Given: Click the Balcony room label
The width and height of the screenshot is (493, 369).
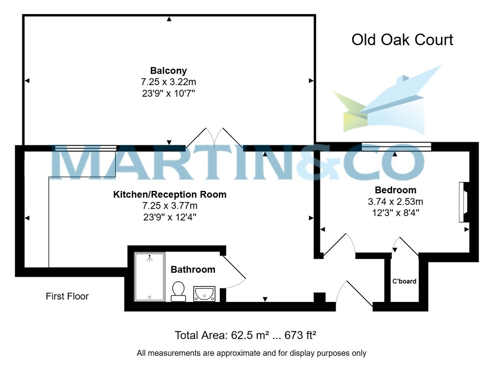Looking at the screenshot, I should pos(168,70).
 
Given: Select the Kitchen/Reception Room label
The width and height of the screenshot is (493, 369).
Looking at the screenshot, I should pos(170,194).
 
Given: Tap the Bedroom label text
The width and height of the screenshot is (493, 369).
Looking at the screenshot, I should pos(395,190).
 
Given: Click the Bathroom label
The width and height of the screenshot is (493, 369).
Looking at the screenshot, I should pos(193,270).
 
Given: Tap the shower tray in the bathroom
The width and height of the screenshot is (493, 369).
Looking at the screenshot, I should pos(150,277).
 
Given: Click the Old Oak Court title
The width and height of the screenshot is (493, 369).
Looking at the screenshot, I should pos(402,40).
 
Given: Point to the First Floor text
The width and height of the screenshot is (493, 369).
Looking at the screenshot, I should pos(67,296).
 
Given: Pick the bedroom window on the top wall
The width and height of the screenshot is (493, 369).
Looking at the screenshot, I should pos(396,147).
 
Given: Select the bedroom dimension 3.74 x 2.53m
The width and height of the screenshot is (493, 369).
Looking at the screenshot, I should pos(395,202).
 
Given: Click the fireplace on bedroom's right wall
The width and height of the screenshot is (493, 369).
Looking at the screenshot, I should pos(463,202).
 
